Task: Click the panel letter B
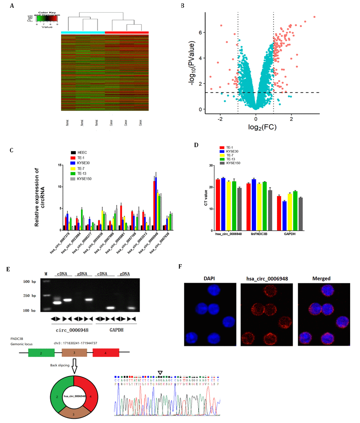click(182, 6)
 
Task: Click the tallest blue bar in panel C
click(156, 203)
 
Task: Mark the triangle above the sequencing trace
click(160, 373)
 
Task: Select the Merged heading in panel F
click(322, 278)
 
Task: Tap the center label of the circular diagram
click(74, 396)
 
